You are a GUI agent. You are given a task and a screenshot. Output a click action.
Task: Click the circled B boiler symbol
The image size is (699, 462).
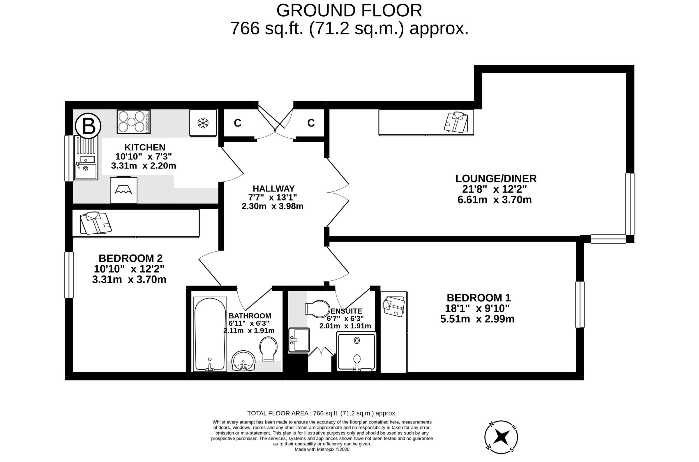coord(88,126)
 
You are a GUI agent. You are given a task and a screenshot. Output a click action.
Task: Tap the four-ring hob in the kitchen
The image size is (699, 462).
coord(133,121)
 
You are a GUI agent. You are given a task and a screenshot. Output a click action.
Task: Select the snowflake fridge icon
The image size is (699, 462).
coord(203,123)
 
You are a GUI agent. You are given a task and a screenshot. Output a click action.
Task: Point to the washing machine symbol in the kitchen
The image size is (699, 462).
coord(123,190)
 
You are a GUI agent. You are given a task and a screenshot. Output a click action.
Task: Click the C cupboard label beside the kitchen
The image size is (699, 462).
coord(237,123)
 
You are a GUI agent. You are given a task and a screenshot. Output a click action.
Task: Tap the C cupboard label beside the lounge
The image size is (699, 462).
coord(311,123)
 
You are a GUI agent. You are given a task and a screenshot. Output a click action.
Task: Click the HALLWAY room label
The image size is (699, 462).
coord(273,188)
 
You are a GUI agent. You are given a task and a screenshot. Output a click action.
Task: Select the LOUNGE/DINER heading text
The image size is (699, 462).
coord(496,179)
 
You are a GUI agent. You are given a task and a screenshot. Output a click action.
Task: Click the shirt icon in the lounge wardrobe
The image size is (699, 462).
coord(456,122)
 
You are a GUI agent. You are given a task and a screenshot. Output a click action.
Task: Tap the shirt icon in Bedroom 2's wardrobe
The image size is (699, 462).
coord(96,223)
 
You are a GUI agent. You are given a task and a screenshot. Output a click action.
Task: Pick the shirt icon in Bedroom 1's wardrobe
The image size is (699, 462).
coord(394,306)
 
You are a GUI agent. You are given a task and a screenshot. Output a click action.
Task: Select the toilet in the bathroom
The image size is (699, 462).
coord(269,349)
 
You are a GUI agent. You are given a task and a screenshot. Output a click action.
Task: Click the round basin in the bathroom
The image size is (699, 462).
coord(243,361)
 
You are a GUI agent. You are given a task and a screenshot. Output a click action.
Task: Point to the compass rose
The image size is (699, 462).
coord(501,437)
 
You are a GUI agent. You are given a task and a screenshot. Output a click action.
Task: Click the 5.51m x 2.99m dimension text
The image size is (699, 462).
coord(477,319)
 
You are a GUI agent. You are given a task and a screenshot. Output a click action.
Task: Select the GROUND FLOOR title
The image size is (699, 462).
coord(349,11)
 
